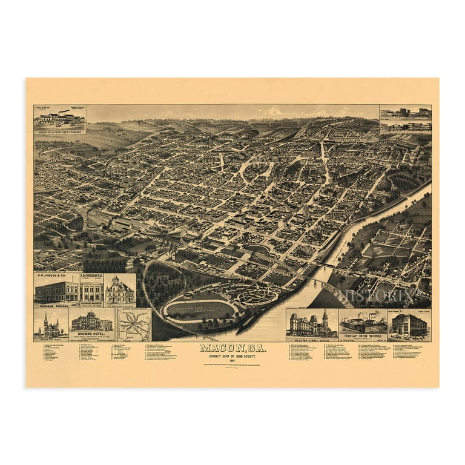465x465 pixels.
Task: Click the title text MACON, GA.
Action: pyautogui.click(x=232, y=348)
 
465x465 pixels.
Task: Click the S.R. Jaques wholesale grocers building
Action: pyautogui.click(x=56, y=291)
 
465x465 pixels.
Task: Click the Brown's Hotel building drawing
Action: pyautogui.click(x=92, y=321)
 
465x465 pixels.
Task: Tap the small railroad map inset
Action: pyautogui.click(x=134, y=325)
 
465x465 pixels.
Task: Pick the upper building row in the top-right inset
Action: pyautogui.click(x=405, y=113)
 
